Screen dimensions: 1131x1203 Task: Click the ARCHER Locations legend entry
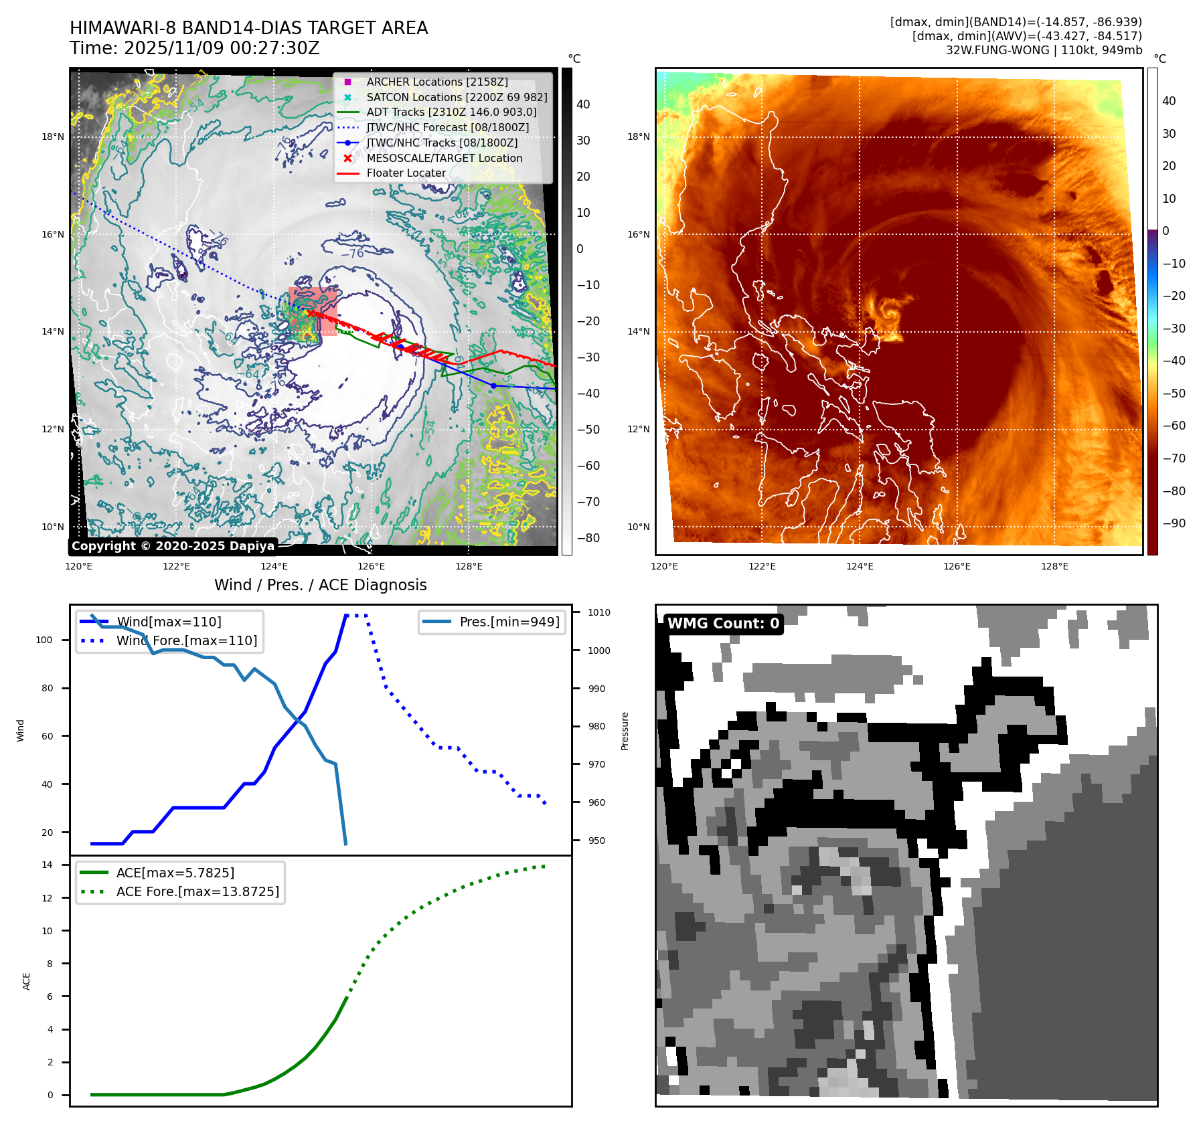pyautogui.click(x=436, y=82)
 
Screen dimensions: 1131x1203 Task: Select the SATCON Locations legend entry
pyautogui.click(x=457, y=98)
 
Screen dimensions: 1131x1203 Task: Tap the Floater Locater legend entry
pyautogui.click(x=406, y=173)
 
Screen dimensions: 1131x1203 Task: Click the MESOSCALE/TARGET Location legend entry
pyautogui.click(x=444, y=159)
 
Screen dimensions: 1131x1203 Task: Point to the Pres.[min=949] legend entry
pyautogui.click(x=509, y=622)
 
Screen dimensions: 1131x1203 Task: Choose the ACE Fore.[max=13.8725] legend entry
pyautogui.click(x=197, y=892)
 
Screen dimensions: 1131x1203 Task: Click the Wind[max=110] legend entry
pyautogui.click(x=169, y=622)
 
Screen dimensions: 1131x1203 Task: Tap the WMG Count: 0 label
pyautogui.click(x=723, y=624)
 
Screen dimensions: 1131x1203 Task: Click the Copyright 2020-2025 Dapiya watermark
pyautogui.click(x=173, y=546)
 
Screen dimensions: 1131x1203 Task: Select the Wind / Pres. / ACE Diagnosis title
pyautogui.click(x=320, y=586)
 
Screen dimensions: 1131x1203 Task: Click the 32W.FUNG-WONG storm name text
pyautogui.click(x=997, y=50)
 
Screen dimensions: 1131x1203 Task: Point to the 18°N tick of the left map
pyautogui.click(x=53, y=137)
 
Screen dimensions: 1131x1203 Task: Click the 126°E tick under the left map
pyautogui.click(x=371, y=567)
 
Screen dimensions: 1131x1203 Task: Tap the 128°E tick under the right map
pyautogui.click(x=1054, y=567)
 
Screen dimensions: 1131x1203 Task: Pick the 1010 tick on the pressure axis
pyautogui.click(x=598, y=612)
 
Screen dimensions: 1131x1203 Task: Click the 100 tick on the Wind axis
pyautogui.click(x=44, y=640)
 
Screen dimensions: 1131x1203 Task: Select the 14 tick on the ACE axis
pyautogui.click(x=47, y=865)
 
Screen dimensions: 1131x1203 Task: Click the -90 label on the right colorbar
pyautogui.click(x=1174, y=523)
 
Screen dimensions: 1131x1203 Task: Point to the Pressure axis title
pyautogui.click(x=625, y=731)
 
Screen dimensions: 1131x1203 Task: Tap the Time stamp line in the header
pyautogui.click(x=194, y=49)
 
